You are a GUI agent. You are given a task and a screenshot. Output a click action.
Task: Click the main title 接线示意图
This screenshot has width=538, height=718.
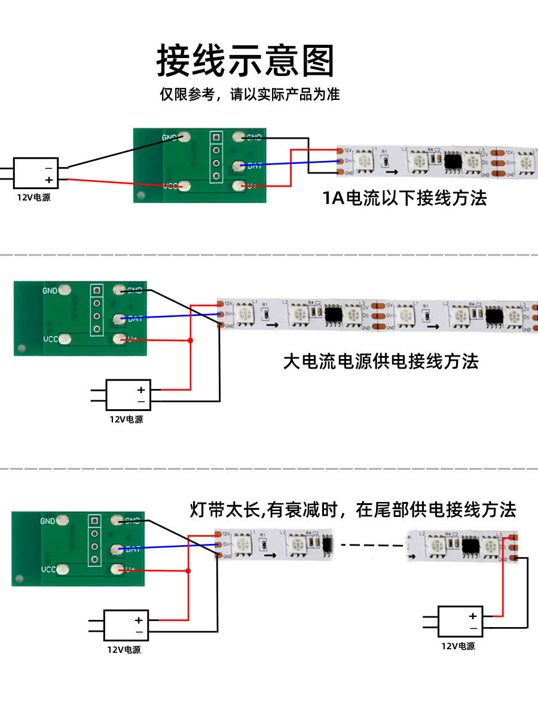coord(245,60)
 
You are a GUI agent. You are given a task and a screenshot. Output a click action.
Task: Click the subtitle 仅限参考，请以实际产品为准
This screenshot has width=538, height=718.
coord(249,95)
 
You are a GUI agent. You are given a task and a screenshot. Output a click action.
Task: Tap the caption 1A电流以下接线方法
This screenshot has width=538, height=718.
coord(405,198)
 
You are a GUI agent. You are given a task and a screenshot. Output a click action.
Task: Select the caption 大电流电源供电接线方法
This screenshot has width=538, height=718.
coord(381,361)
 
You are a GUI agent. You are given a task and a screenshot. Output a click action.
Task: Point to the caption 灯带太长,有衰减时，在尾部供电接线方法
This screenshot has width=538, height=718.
coord(353,510)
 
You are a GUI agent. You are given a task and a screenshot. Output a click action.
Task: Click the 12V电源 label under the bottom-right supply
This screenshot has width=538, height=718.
coord(458,646)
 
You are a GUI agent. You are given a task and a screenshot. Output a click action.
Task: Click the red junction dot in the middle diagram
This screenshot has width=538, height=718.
coord(191,340)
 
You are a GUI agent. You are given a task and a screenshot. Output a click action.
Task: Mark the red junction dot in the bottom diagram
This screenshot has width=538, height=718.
coord(189,571)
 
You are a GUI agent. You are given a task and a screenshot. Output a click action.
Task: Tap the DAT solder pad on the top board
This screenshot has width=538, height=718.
coord(239,166)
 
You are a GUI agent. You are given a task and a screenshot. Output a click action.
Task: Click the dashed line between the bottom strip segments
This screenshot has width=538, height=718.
coord(371,545)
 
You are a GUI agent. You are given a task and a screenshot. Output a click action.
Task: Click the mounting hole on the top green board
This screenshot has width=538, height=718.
coord(142,195)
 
